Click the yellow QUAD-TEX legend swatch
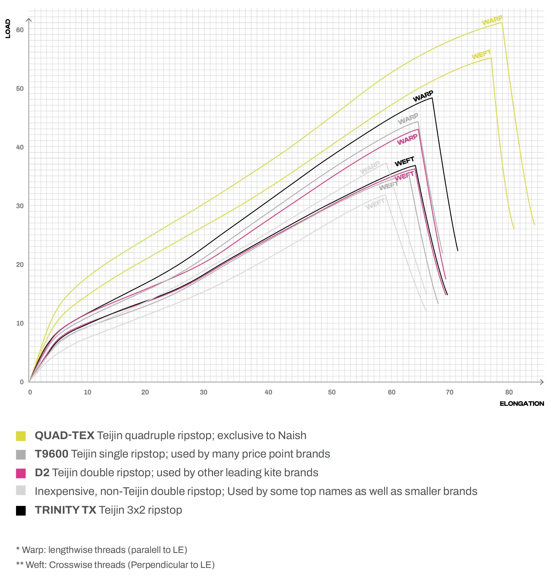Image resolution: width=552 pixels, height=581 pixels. point(21,436)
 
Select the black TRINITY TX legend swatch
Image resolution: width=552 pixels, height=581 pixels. point(21,511)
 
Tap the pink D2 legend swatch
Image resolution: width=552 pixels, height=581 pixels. point(21,473)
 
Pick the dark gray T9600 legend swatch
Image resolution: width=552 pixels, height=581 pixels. point(21,455)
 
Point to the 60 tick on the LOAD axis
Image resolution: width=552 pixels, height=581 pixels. point(20,30)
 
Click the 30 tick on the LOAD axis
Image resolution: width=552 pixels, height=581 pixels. point(20,206)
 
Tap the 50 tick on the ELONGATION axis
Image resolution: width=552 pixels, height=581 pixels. point(332,392)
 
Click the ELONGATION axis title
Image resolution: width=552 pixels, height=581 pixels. point(522,404)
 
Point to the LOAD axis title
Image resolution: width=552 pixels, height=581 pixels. point(8,29)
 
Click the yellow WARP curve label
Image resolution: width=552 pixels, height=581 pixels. point(492,20)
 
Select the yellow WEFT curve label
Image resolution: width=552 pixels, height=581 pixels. point(481,55)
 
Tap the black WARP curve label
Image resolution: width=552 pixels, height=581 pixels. point(423,96)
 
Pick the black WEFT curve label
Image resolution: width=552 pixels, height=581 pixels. point(404,162)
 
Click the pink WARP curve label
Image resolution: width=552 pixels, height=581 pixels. point(407,139)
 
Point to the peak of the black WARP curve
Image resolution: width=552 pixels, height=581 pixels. point(432,98)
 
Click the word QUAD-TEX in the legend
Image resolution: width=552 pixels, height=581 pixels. point(64,435)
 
